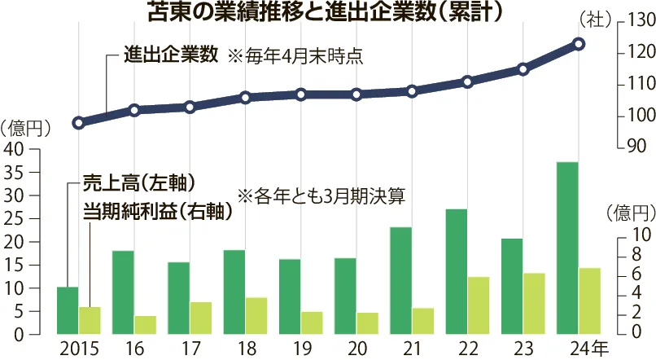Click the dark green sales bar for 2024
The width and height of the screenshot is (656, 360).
567,248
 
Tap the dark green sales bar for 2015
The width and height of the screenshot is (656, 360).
68,310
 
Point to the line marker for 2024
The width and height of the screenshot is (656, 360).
579,44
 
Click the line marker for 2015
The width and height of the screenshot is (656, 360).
78,123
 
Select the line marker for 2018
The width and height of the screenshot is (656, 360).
245,98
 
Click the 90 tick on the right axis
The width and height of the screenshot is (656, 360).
633,147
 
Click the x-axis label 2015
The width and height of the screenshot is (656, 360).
79,349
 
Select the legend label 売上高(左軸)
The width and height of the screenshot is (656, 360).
139,181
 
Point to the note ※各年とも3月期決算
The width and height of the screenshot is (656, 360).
321,195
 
